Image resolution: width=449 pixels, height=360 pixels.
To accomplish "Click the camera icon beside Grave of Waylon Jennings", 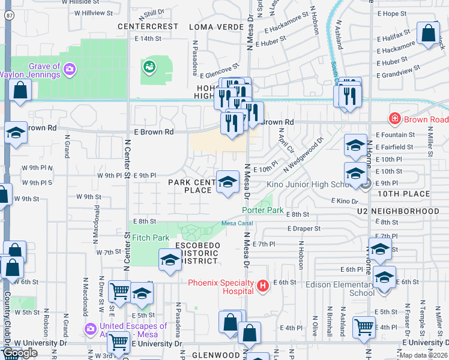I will pos(70,70).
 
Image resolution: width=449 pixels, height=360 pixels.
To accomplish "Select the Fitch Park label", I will pos(150,238).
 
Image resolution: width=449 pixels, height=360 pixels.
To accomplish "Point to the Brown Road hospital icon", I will pos(395,119).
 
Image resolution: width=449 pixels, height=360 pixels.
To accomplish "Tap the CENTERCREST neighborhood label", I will pos(148,26).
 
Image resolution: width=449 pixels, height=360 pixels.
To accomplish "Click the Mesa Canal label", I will pos(237,223).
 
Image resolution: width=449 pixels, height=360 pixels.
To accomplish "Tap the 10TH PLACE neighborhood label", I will pos(404,194).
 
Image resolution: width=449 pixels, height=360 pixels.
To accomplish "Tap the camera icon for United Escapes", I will pos(90,329).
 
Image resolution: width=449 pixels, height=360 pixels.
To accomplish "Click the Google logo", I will pos(19,353).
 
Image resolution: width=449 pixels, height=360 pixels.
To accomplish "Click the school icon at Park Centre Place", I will pos(227,182).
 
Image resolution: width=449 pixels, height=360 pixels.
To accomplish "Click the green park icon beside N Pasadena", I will pos(149,67).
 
